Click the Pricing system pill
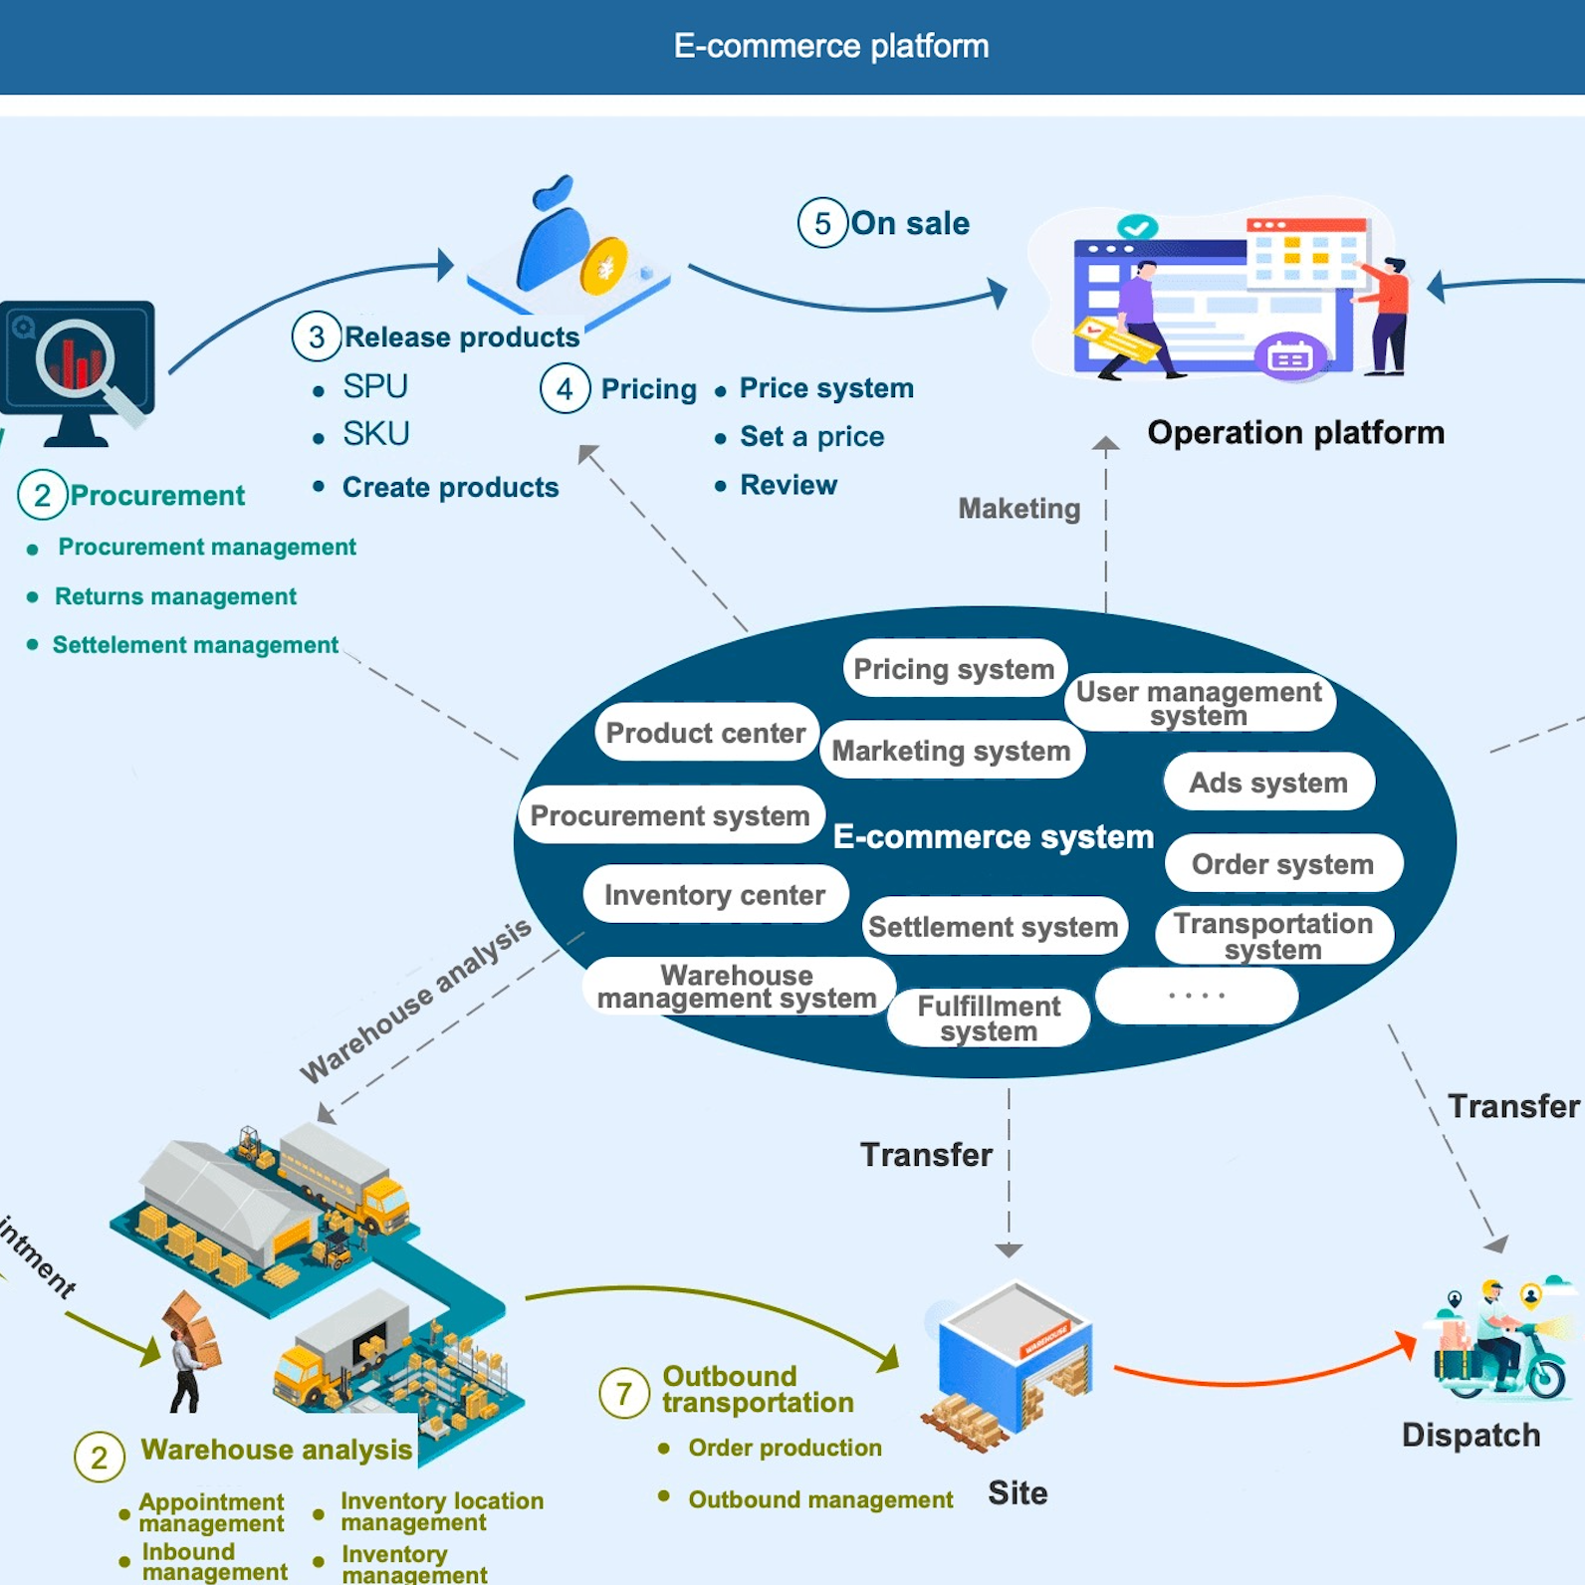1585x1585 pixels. point(955,668)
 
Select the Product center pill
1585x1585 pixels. point(706,733)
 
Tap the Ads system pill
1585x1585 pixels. point(1268,783)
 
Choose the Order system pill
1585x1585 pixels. point(1282,863)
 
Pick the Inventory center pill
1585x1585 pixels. point(715,894)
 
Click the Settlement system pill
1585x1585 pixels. point(994,926)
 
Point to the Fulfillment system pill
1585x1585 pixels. point(989,1018)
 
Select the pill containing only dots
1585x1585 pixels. point(1196,996)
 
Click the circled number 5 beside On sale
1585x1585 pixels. point(822,223)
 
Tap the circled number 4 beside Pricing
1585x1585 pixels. point(565,388)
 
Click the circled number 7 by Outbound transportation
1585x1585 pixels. point(624,1393)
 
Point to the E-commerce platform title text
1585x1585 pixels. point(831,46)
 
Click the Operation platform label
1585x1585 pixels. point(1295,432)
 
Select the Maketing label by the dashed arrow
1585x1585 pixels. point(1019,509)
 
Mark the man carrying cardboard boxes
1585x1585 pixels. point(189,1352)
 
